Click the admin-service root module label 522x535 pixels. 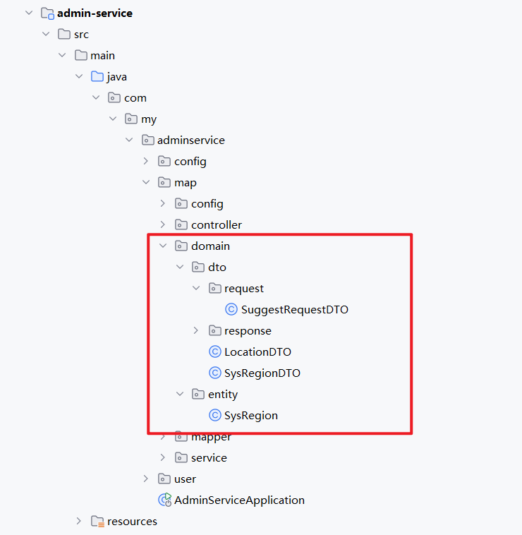coord(95,13)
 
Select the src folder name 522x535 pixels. coord(81,34)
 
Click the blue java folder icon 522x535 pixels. coord(97,76)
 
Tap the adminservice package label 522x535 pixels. coord(191,140)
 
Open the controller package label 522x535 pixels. coord(217,224)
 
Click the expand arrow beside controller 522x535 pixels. coord(163,224)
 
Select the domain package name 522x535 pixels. coord(210,246)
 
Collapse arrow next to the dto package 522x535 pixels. coord(180,267)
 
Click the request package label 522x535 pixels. coord(244,288)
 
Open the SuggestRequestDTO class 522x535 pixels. coord(295,309)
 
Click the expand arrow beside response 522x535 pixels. coord(197,330)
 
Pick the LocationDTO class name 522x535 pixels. coord(257,351)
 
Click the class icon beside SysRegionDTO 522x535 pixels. coord(215,373)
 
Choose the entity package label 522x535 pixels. coord(223,394)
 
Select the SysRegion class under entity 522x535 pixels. coord(251,415)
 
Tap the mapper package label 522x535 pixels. coord(211,437)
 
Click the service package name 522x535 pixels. coord(209,457)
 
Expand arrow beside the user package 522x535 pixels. coord(146,479)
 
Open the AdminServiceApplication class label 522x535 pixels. coord(240,500)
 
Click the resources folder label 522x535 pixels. coord(132,521)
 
